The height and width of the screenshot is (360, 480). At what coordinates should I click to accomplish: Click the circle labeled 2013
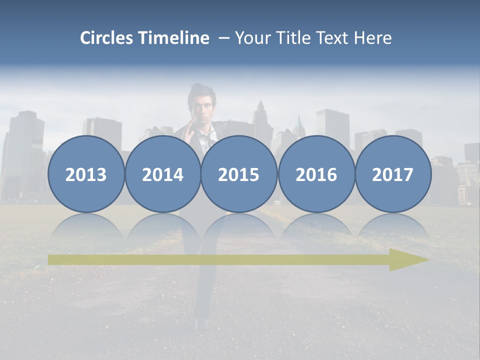tap(86, 174)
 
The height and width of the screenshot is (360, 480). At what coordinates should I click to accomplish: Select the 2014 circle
tap(162, 174)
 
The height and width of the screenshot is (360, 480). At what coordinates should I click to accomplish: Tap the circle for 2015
tap(239, 174)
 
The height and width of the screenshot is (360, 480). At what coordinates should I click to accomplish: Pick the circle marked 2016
tap(316, 174)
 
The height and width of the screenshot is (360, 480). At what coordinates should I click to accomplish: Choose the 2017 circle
tap(393, 174)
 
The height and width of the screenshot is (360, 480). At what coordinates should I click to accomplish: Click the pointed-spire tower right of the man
tap(260, 117)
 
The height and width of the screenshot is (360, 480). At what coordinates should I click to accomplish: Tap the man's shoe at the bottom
tap(201, 323)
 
